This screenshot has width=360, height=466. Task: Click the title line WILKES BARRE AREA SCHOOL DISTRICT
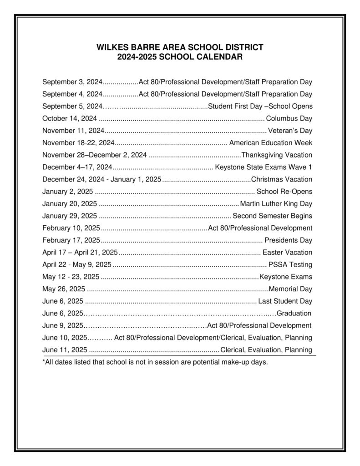180,47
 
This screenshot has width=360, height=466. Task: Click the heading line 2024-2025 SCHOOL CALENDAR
180,57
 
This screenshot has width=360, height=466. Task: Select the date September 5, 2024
72,106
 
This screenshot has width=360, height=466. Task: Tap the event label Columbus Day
289,119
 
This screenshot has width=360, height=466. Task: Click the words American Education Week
271,143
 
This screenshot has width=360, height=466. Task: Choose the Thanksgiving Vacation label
277,155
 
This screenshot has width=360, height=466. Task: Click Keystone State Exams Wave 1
264,167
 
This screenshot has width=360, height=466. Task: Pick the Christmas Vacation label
282,179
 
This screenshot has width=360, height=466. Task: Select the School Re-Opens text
284,192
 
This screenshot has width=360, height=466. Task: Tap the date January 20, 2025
70,203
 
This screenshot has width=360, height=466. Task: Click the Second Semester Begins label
272,216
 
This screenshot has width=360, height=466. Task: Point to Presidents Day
288,240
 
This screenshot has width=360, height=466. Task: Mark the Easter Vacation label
288,253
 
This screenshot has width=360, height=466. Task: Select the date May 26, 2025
63,289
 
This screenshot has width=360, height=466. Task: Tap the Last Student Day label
285,301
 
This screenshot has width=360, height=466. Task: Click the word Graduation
294,313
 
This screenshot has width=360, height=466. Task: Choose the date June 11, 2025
65,350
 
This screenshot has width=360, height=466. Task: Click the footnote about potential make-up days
155,363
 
